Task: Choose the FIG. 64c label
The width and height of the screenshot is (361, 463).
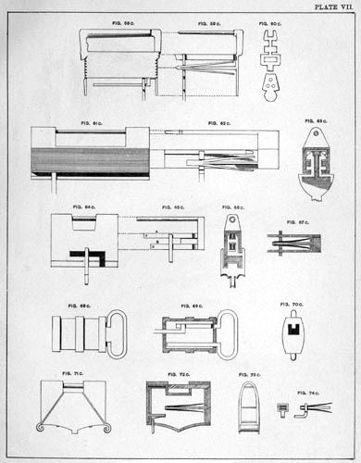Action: [x=83, y=207]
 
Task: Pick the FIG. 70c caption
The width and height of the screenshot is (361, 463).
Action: [x=291, y=303]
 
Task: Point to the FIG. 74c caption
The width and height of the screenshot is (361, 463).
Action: [x=307, y=393]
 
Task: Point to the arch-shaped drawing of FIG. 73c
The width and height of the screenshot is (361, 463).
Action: [x=248, y=407]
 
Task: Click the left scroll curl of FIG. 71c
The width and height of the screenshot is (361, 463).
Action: [x=42, y=427]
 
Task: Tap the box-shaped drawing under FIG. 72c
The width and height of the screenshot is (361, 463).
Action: [x=177, y=405]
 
